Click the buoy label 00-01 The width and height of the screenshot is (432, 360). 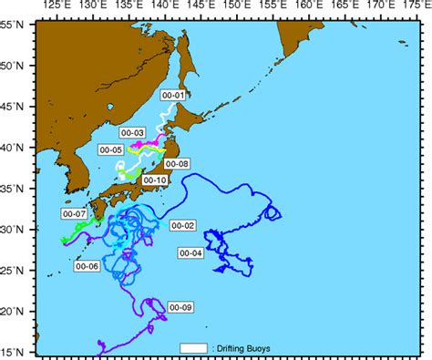tap(172, 95)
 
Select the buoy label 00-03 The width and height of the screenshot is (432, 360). tap(133, 133)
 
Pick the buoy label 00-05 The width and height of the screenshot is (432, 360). tap(110, 149)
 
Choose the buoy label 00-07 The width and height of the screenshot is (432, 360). tap(73, 213)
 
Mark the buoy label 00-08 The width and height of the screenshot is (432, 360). tap(179, 164)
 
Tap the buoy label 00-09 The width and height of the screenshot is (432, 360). tap(180, 307)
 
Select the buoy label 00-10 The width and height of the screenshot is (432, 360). tap(154, 180)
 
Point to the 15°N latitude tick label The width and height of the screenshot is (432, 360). tap(15, 351)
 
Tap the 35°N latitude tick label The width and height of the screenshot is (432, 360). tap(15, 188)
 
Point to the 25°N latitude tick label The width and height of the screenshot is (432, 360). tap(15, 270)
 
